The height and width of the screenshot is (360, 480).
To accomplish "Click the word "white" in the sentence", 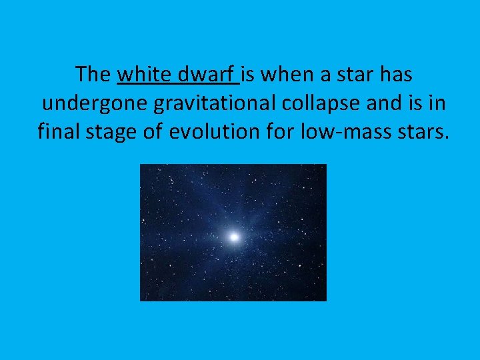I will (143, 74).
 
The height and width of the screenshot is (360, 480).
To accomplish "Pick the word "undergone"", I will (86, 103).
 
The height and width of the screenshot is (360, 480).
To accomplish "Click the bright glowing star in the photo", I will (234, 236).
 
